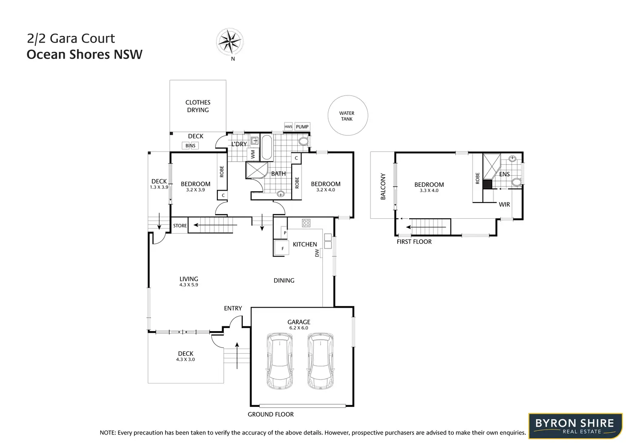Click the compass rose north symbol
(x=230, y=42)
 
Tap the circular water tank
(x=347, y=115)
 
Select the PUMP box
(x=302, y=127)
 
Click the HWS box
(x=288, y=127)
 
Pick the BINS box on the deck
(x=191, y=146)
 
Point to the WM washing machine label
(x=253, y=154)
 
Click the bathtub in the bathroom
(x=266, y=147)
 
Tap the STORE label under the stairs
(x=180, y=226)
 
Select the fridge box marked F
(x=282, y=249)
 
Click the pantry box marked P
(x=285, y=233)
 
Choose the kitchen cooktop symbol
(x=306, y=223)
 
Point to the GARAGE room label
(x=299, y=322)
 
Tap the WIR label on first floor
(x=504, y=205)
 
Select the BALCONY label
(x=383, y=186)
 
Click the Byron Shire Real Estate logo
(x=575, y=426)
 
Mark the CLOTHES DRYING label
(x=198, y=106)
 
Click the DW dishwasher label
(x=317, y=253)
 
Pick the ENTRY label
(x=233, y=308)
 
